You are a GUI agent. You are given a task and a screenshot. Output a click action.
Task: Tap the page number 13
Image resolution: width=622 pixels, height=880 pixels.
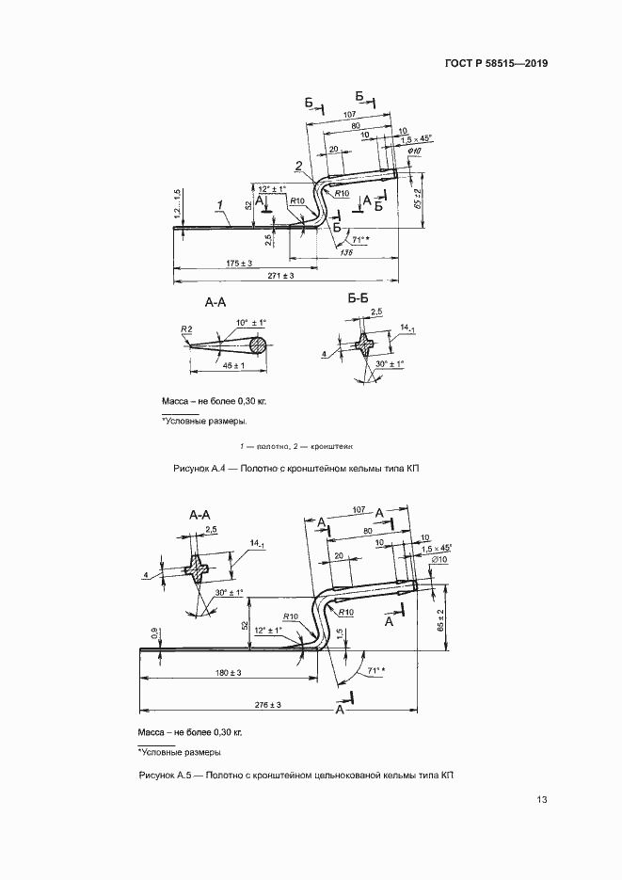(x=541, y=800)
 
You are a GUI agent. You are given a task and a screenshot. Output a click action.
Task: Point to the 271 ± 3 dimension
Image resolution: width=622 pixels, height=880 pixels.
(x=280, y=275)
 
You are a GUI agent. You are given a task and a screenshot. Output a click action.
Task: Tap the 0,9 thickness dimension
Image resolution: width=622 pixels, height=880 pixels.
(x=152, y=632)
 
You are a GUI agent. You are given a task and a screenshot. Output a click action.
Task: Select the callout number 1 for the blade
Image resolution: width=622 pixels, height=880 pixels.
(x=218, y=203)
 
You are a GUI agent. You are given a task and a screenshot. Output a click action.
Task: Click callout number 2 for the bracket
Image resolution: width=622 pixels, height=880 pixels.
(x=297, y=166)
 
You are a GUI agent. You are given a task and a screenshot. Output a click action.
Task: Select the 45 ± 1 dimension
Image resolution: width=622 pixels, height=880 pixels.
(x=229, y=365)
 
